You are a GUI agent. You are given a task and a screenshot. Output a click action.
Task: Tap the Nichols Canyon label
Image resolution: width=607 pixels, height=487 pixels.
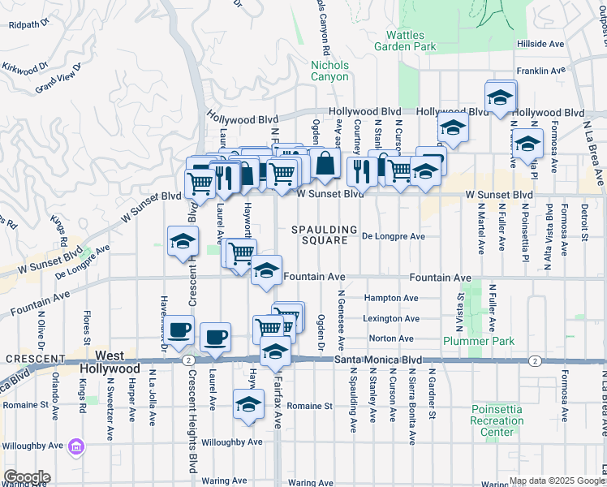click(x=329, y=71)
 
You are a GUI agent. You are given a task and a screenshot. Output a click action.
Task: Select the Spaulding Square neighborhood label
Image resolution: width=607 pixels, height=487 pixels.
click(x=325, y=235)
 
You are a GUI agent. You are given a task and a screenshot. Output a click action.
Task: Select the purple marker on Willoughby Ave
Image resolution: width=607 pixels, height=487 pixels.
click(x=76, y=446)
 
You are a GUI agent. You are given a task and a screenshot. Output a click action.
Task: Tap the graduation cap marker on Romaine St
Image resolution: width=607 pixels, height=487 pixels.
click(x=248, y=405)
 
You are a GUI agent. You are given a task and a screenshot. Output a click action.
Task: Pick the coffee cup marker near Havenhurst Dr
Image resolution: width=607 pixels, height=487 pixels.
click(x=179, y=330)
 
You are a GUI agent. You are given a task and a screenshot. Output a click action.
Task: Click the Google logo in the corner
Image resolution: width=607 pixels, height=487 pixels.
click(x=27, y=477)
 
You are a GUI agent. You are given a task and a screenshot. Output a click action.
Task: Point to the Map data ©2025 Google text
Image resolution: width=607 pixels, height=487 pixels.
click(x=556, y=481)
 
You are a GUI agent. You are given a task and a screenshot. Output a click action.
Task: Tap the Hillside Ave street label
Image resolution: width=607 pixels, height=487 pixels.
click(x=545, y=44)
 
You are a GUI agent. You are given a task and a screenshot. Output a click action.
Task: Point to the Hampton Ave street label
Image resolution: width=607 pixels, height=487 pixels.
click(x=391, y=298)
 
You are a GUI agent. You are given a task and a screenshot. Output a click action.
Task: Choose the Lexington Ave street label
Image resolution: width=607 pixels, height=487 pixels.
click(x=391, y=319)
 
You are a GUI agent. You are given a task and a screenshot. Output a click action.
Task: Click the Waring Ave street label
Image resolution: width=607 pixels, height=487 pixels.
click(x=225, y=481)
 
